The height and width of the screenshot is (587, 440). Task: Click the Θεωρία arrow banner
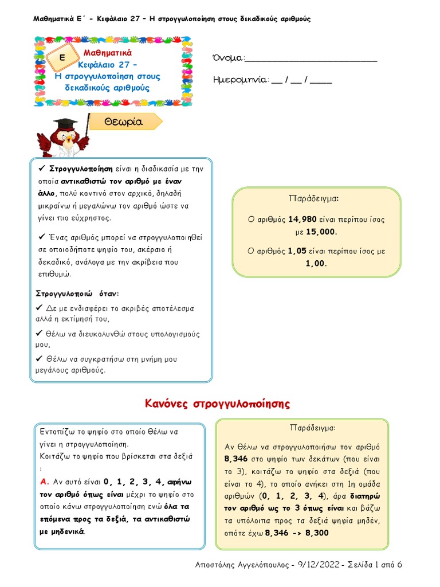click(125, 122)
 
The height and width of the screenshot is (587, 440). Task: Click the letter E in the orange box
click(61, 58)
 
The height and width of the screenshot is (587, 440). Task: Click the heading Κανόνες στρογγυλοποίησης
click(218, 404)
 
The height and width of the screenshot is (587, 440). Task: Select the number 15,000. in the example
click(321, 232)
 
